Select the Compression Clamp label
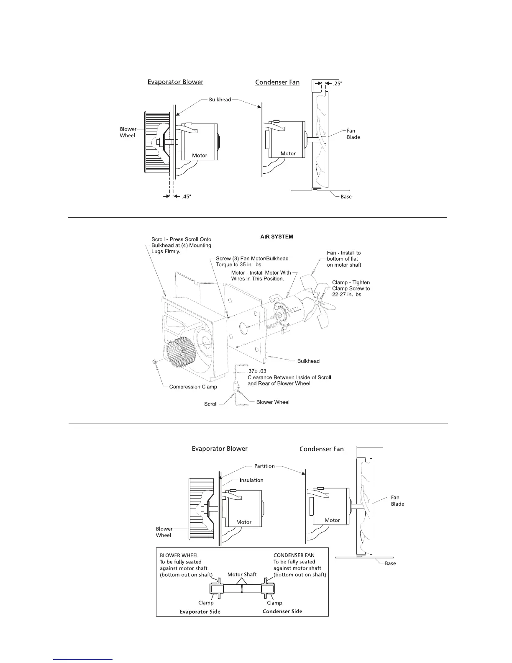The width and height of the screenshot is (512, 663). click(x=193, y=387)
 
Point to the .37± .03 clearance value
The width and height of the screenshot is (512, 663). click(x=257, y=371)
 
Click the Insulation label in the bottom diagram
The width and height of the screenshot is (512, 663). click(x=251, y=480)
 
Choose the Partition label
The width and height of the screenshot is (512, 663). click(x=264, y=466)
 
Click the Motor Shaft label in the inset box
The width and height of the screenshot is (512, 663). click(x=242, y=574)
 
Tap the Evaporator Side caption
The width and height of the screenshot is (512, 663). click(x=200, y=612)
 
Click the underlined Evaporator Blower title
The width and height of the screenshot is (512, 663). click(x=175, y=82)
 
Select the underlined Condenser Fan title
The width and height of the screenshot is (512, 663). click(x=277, y=82)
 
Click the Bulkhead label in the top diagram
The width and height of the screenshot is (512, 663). click(x=220, y=100)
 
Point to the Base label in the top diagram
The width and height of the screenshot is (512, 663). click(x=346, y=197)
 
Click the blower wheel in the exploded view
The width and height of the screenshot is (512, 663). click(x=180, y=356)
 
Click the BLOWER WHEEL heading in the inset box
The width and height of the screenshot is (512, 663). click(x=179, y=555)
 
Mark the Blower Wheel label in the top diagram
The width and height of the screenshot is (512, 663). click(x=128, y=132)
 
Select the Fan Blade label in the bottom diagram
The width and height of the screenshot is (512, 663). click(x=397, y=501)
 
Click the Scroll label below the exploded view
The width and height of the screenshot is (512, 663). click(x=211, y=404)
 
